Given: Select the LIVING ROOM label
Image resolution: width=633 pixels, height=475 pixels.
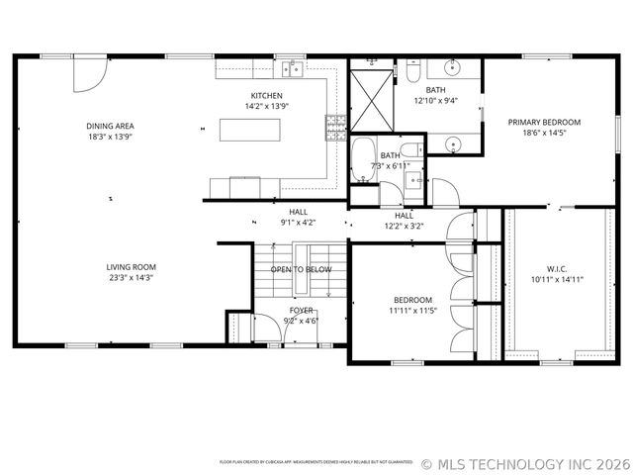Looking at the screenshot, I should coord(132,267).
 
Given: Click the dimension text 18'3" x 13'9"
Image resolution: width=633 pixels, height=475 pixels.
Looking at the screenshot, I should coord(110,138).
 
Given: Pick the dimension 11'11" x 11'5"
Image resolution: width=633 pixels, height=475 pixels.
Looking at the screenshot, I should coord(412,312).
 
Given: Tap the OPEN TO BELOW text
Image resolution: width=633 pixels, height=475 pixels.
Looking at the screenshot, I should coord(301,269).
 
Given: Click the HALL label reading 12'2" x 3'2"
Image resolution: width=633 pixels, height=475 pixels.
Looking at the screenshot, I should coord(405,226).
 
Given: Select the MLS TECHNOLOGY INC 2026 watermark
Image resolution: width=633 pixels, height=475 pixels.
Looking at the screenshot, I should coord(525,463).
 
